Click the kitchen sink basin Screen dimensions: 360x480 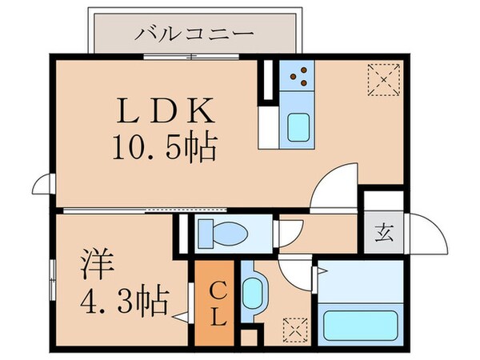[299, 127]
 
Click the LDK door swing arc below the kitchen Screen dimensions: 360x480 [334, 185]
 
